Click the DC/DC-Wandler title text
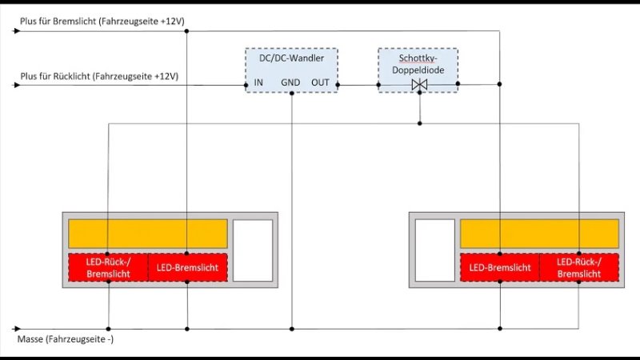point(291,58)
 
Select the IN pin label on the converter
point(258,82)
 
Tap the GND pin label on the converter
point(290,82)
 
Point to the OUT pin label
point(320,82)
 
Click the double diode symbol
point(418,84)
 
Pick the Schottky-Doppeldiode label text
point(418,64)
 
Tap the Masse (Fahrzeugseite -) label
point(67,341)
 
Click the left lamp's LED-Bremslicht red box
point(188,267)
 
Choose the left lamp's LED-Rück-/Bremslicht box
point(108,267)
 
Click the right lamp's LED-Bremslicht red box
point(500,267)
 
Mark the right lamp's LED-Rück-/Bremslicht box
point(580,267)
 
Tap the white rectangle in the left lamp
point(252,250)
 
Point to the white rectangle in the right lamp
point(435,250)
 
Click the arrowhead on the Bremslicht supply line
point(17,32)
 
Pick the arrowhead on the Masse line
point(17,328)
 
